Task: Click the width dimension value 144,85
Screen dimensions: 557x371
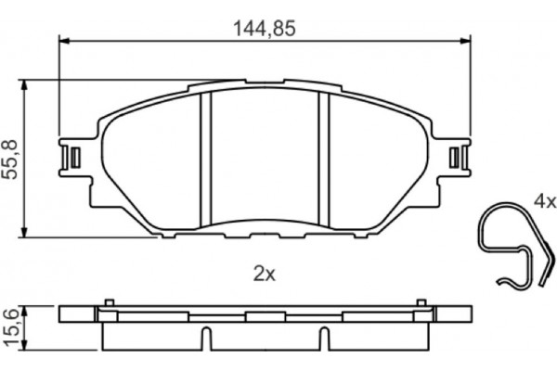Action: coord(265,29)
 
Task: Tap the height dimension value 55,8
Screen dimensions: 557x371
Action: coord(10,160)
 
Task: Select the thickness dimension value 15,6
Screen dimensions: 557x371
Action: coord(10,327)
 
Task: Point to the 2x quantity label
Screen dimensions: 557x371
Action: coord(265,275)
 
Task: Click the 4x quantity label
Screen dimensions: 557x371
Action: coord(545,201)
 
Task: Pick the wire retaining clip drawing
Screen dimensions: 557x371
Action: coord(516,245)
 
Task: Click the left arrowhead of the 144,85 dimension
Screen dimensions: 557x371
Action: coord(64,41)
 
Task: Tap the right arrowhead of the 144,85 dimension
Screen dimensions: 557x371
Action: coord(465,41)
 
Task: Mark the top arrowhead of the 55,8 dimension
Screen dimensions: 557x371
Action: coord(24,85)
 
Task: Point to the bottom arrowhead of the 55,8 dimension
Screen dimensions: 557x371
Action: coord(24,232)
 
